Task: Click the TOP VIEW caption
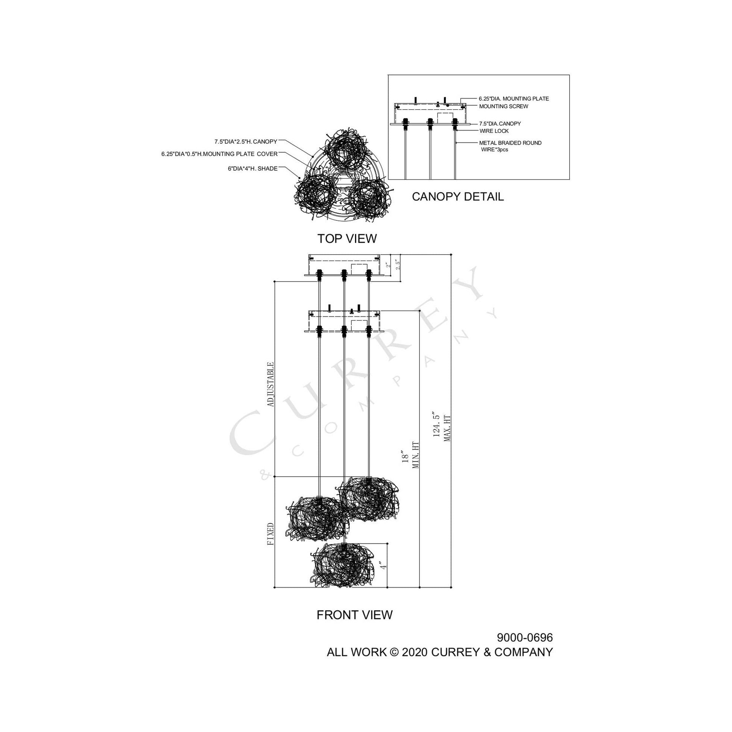pos(347,239)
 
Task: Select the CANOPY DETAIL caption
pos(458,197)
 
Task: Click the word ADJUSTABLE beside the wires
pos(270,384)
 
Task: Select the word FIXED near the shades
pos(270,534)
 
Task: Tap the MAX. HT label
pos(447,428)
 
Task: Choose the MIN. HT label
pos(416,455)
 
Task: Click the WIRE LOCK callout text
pos(494,131)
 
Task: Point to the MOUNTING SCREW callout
pos(504,106)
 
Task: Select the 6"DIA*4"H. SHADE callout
pos(253,169)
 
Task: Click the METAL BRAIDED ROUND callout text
pos(510,143)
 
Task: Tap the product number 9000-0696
pos(525,638)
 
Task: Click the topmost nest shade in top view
pos(346,150)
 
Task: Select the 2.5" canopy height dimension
pos(397,264)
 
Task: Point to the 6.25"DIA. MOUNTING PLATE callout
pos(514,99)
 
